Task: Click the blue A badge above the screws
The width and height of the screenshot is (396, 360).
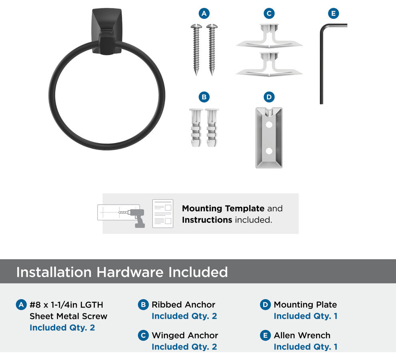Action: pyautogui.click(x=204, y=13)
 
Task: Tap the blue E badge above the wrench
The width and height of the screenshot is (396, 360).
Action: pyautogui.click(x=333, y=13)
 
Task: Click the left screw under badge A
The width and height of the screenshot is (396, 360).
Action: pyautogui.click(x=196, y=50)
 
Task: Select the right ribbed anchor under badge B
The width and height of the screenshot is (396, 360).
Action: pyautogui.click(x=212, y=128)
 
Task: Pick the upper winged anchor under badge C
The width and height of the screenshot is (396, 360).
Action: pyautogui.click(x=269, y=36)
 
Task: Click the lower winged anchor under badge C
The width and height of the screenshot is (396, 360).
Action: pyautogui.click(x=269, y=64)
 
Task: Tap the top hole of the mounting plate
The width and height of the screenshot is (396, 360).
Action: pyautogui.click(x=269, y=124)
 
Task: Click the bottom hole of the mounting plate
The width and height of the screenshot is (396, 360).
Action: pyautogui.click(x=269, y=151)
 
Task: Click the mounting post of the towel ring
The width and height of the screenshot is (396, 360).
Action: pyautogui.click(x=107, y=32)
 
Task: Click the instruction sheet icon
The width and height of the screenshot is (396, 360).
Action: pyautogui.click(x=163, y=214)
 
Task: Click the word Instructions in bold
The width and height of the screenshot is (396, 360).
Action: pyautogui.click(x=207, y=220)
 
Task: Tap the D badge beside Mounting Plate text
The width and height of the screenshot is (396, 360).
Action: pyautogui.click(x=265, y=305)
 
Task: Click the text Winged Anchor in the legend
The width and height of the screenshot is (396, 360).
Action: pyautogui.click(x=185, y=335)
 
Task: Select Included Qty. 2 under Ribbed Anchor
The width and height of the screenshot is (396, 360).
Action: pyautogui.click(x=184, y=316)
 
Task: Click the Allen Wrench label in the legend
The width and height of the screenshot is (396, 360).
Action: pyautogui.click(x=302, y=335)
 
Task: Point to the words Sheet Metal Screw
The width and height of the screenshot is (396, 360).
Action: pyautogui.click(x=68, y=316)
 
